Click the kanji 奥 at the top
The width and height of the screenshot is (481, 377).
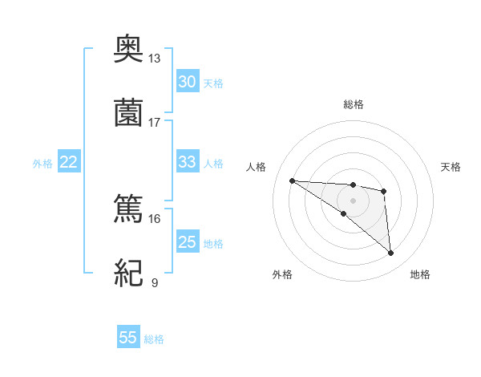[128, 51]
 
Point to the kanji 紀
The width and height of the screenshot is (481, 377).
[128, 273]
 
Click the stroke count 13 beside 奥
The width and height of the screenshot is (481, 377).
[155, 59]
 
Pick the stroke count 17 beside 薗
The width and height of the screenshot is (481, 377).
[155, 122]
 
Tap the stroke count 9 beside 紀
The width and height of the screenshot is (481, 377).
[155, 282]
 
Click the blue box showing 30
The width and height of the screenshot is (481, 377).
[188, 82]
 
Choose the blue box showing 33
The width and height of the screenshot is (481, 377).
[188, 162]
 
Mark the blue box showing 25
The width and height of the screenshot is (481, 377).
[188, 242]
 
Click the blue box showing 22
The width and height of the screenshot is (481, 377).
[69, 162]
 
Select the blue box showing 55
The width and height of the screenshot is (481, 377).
[128, 338]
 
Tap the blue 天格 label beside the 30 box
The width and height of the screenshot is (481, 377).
[213, 83]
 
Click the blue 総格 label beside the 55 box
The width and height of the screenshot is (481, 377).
[154, 339]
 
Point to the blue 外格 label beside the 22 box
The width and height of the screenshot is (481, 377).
[42, 164]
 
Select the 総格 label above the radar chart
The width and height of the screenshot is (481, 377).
[353, 104]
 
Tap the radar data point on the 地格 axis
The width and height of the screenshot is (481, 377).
[390, 253]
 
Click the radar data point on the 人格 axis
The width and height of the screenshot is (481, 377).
[292, 180]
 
